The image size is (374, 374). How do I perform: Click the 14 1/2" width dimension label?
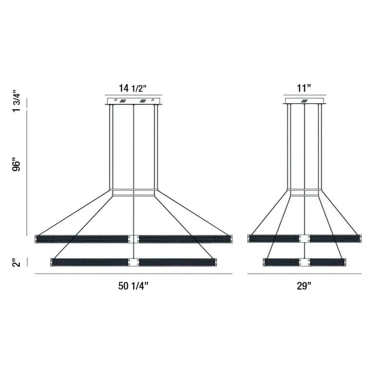[133, 89]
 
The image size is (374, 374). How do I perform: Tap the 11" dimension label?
[304, 89]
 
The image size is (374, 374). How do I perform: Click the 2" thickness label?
[17, 262]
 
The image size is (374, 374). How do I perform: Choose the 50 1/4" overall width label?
[133, 286]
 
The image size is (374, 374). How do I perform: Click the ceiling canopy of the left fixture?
[133, 101]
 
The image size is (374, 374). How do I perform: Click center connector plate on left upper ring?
[133, 239]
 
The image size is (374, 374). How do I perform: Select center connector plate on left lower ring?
[133, 262]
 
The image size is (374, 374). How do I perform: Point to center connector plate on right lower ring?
[304, 262]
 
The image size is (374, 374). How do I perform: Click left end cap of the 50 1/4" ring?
[36, 239]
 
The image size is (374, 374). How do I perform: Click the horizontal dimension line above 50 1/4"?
[133, 274]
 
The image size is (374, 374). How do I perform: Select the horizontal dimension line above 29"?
[304, 274]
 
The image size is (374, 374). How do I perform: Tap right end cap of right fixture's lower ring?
[344, 262]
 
